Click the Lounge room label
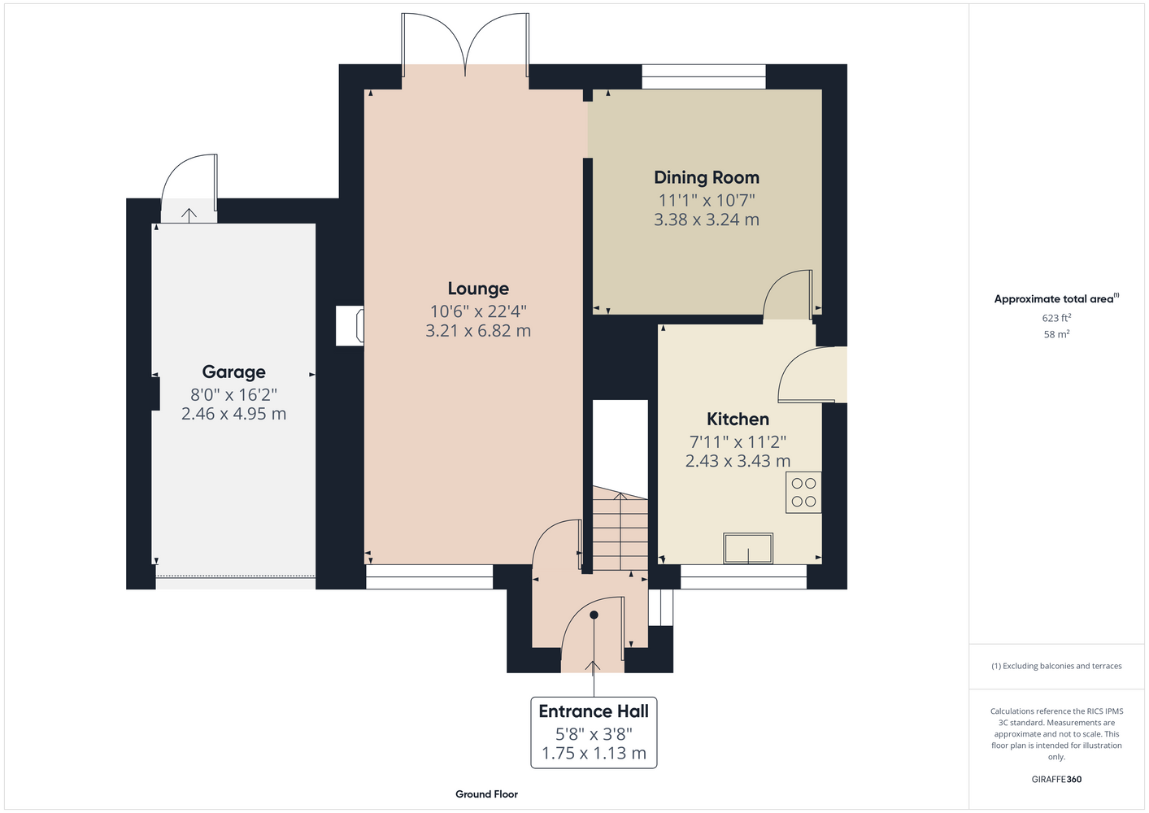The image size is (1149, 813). tap(478, 289)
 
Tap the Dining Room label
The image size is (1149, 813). tap(707, 177)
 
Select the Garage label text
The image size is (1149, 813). tap(233, 372)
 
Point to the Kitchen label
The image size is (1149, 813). tap(738, 419)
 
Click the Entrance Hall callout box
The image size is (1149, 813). tap(594, 732)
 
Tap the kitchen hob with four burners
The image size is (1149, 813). tap(803, 493)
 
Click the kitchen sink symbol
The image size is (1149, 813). tap(748, 548)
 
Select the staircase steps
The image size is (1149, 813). tap(620, 528)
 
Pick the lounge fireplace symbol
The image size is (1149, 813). tap(350, 326)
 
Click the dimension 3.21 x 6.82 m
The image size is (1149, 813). tap(478, 331)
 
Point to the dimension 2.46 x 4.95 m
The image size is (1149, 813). tap(233, 414)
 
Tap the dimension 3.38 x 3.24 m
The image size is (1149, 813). tap(707, 220)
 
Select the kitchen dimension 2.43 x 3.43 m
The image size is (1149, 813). tap(738, 461)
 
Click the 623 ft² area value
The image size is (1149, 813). tap(1056, 318)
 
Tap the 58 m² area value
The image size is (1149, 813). tap(1056, 334)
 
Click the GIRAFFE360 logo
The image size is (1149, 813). tap(1056, 779)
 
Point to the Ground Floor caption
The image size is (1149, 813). tap(486, 794)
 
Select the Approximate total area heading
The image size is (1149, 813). tap(1056, 298)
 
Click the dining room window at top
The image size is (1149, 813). tap(703, 76)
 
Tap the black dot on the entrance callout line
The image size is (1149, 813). tap(594, 615)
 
